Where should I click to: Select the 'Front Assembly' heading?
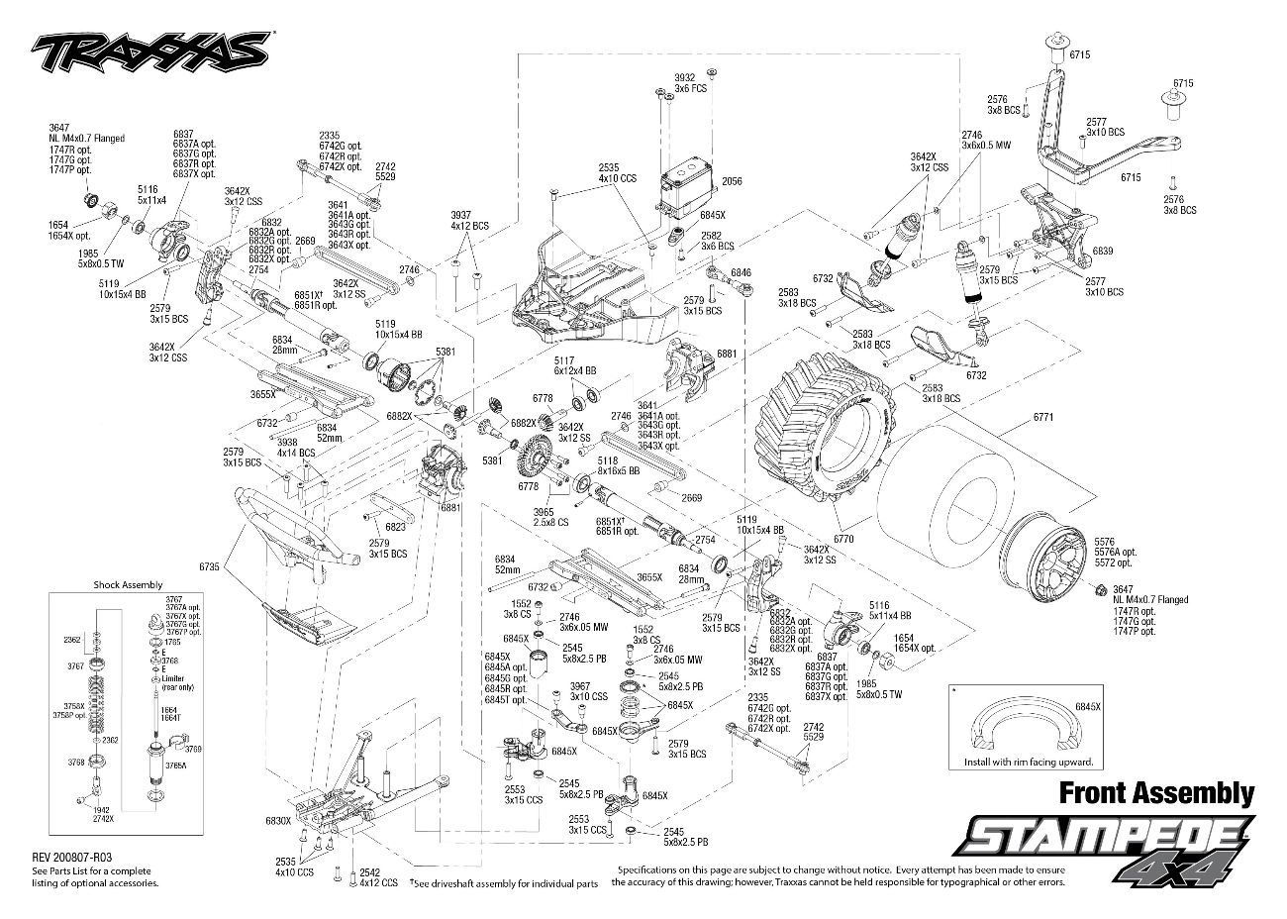(x=1156, y=792)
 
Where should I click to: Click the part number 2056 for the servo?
(x=732, y=182)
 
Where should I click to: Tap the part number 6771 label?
(x=1042, y=417)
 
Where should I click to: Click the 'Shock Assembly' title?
(x=128, y=585)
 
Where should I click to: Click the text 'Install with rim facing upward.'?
(x=1030, y=763)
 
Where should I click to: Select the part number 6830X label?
(x=278, y=821)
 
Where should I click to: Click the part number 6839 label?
(x=1102, y=252)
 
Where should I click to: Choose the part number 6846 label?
(x=742, y=271)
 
